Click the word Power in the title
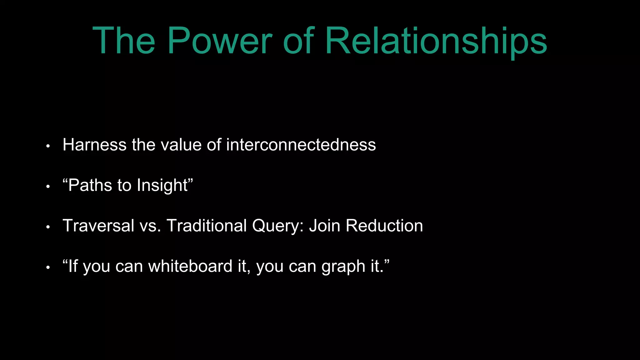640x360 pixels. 220,41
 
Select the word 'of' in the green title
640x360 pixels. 298,41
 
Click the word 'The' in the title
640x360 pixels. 124,41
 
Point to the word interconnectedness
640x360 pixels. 301,145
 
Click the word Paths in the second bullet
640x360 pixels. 90,185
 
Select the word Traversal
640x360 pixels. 98,226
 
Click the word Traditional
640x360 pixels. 207,226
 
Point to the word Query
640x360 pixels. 278,226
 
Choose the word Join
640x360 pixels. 324,226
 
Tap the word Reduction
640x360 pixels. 384,226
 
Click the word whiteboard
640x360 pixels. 190,266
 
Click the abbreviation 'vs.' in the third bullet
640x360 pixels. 150,226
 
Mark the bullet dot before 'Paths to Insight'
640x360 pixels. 48,187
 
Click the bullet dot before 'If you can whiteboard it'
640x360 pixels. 48,268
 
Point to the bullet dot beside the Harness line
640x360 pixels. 48,146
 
